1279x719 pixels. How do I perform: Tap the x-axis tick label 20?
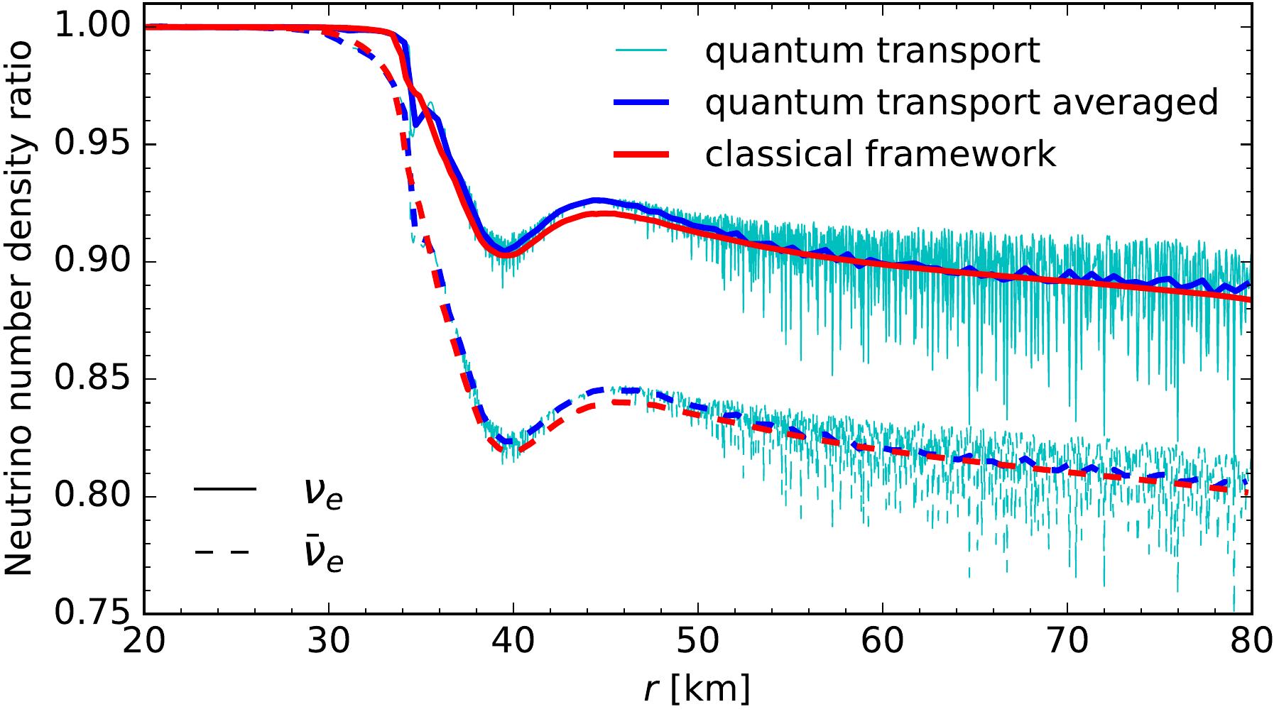tap(144, 642)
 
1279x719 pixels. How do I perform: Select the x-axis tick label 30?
tap(329, 642)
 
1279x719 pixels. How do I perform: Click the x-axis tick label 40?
tap(513, 642)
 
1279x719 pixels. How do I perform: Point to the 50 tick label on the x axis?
tap(698, 642)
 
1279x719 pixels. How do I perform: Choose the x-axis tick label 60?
tap(883, 642)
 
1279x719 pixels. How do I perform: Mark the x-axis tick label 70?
tap(1067, 642)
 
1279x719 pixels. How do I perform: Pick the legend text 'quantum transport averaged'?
tap(962, 102)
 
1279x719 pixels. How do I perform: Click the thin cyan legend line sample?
tap(641, 51)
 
